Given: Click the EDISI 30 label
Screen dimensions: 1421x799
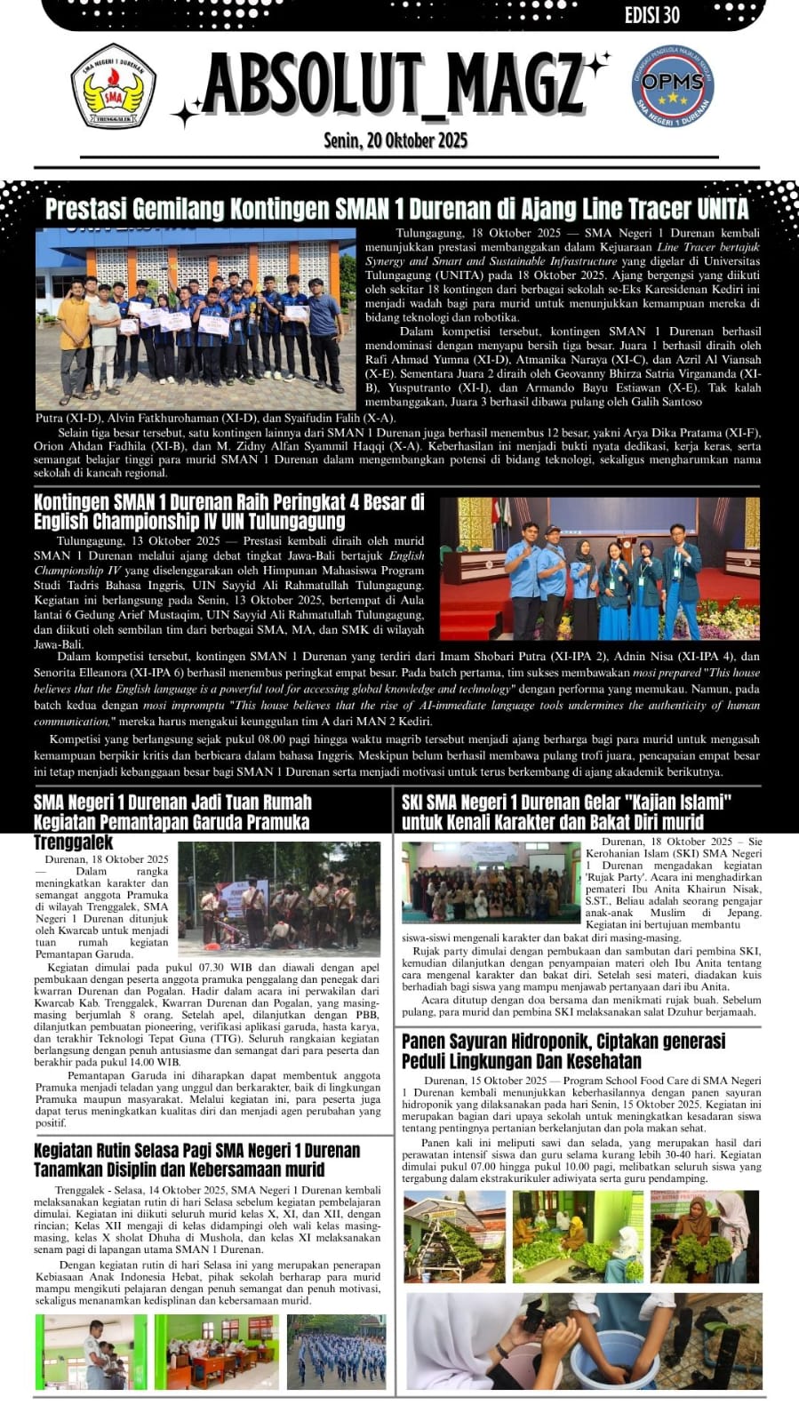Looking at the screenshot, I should coord(652,14).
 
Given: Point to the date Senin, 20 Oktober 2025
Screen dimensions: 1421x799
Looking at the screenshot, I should coord(396,140).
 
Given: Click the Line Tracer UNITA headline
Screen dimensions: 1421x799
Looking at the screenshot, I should coord(396,209).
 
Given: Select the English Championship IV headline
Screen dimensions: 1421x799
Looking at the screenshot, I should coord(229,511).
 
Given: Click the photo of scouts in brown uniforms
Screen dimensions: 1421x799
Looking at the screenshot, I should coord(279,898).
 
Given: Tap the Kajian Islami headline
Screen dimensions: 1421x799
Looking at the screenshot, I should coord(566,812).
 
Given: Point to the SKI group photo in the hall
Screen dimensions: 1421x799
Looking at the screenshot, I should coord(491,882).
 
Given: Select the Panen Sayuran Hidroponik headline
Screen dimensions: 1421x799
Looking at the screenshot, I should coord(563,1050).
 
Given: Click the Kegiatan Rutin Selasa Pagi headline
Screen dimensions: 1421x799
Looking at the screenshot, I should coord(197,1160).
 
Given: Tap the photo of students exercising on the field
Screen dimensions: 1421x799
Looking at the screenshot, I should coord(336,1351).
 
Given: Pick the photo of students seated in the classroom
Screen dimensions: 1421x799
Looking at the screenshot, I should coord(216,1351).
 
